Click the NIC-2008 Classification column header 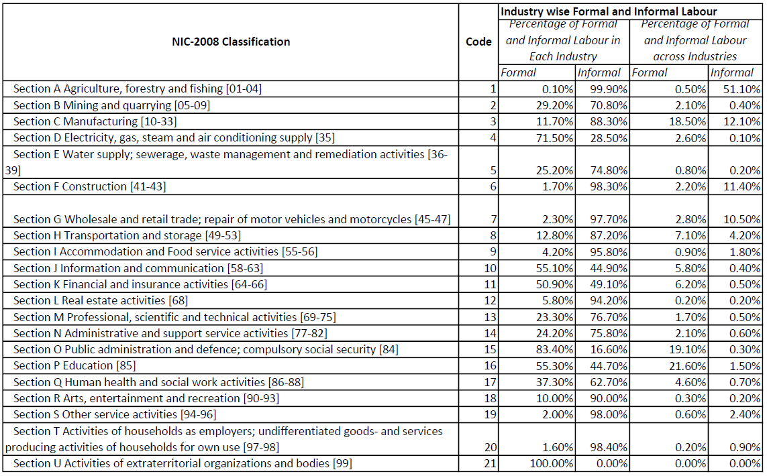(229, 42)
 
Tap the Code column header (478, 42)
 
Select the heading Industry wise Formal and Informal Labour (609, 11)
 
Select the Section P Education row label (63, 366)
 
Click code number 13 (490, 317)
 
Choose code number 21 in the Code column (490, 464)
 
